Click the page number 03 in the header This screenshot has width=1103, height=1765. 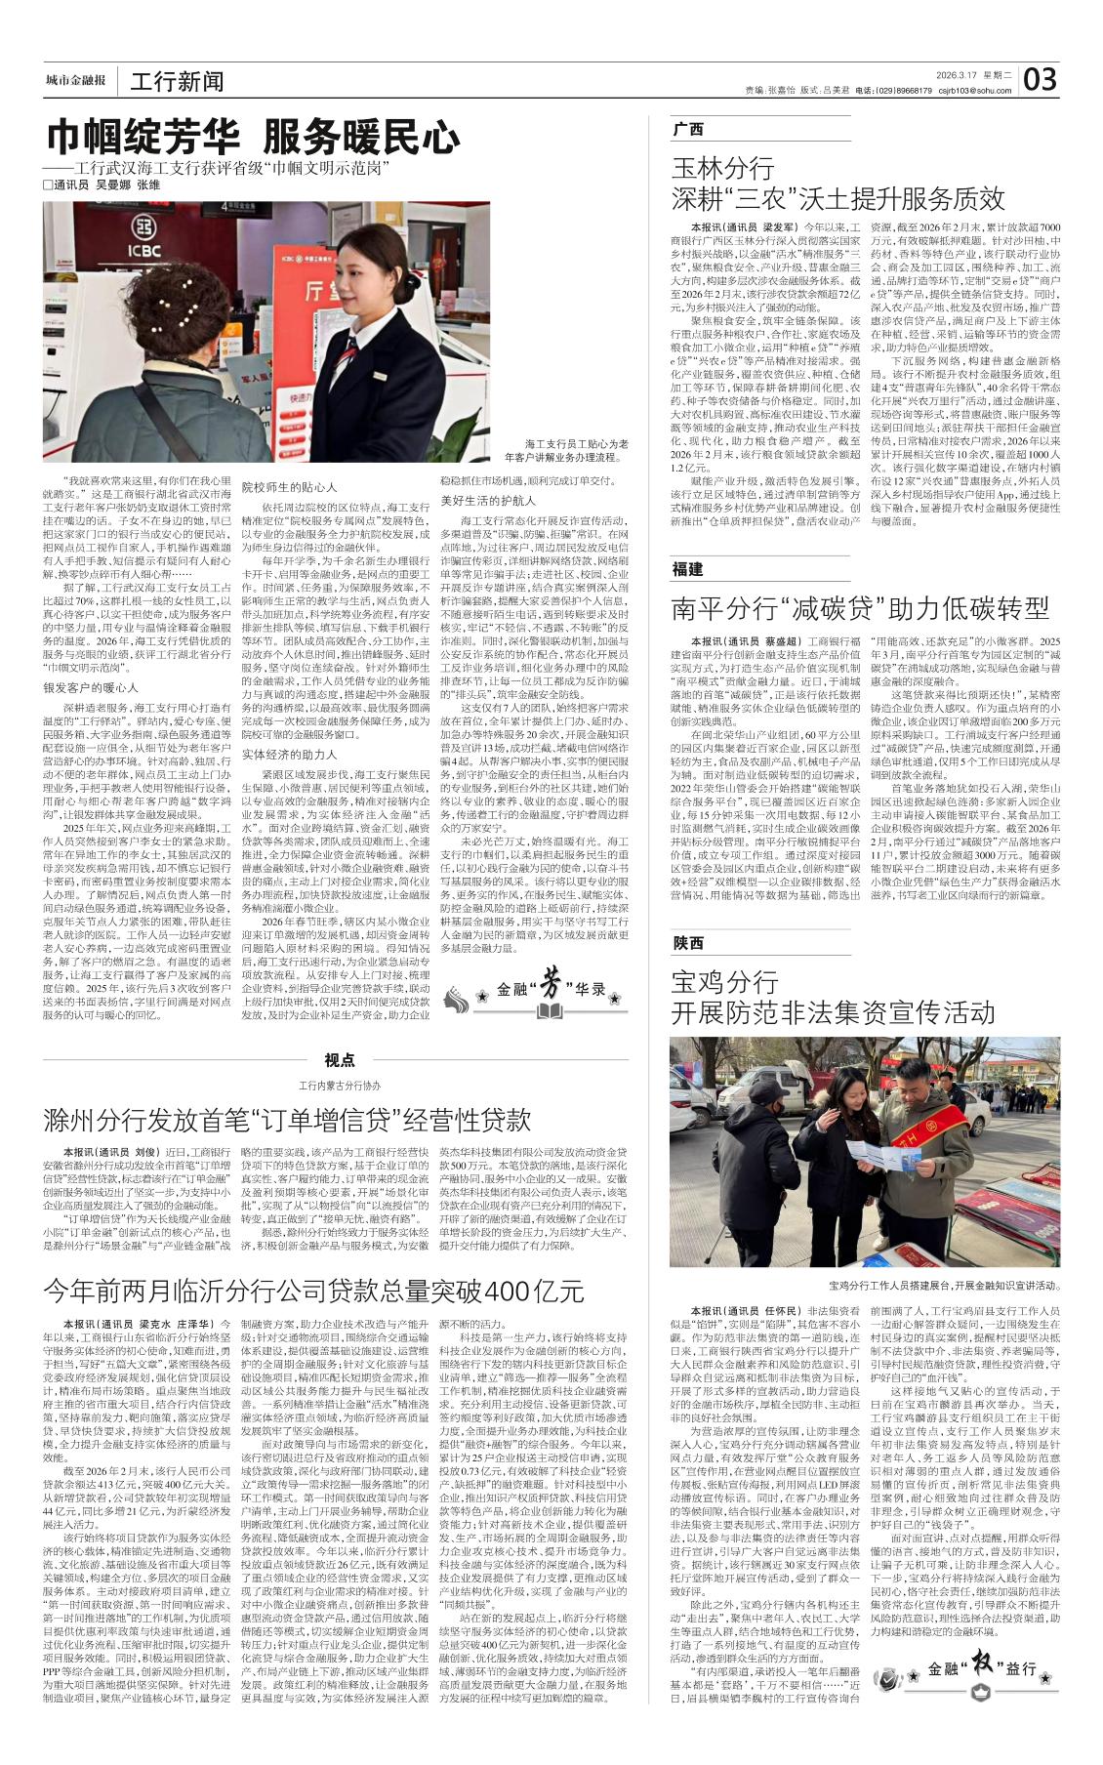tap(1042, 79)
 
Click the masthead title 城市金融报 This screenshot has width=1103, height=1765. tap(75, 80)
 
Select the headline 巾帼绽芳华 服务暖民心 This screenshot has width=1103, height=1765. tap(255, 135)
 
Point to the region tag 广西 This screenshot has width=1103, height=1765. tap(687, 129)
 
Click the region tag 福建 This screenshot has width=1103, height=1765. tap(687, 569)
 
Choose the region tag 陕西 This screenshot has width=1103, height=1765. tap(687, 942)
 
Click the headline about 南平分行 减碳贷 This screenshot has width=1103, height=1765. tap(860, 609)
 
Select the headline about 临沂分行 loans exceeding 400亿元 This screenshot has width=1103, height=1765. tap(313, 1290)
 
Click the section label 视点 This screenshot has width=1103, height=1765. tap(340, 1060)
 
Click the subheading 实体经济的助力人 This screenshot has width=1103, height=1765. tap(289, 727)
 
